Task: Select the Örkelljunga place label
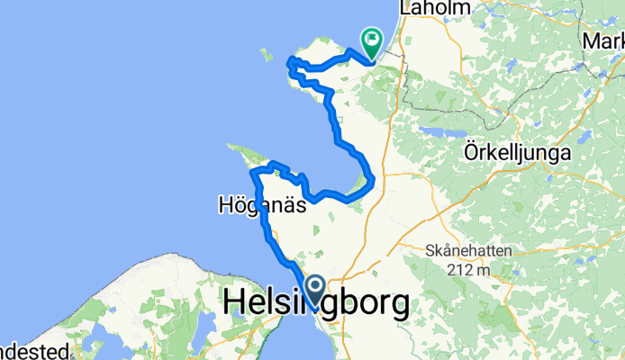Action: (520, 153)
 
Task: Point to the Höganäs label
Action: (261, 205)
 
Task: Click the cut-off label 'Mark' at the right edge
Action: (603, 41)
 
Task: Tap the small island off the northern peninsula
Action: (266, 54)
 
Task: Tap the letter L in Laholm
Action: (413, 7)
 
